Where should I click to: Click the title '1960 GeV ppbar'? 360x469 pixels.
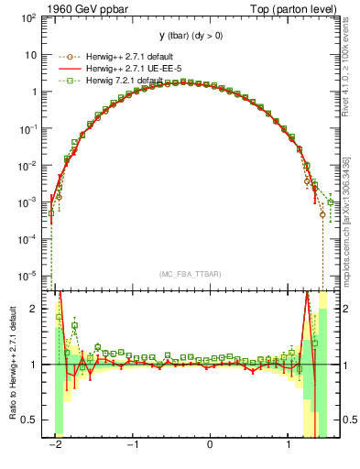[82, 8]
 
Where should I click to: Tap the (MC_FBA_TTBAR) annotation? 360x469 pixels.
[190, 274]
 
